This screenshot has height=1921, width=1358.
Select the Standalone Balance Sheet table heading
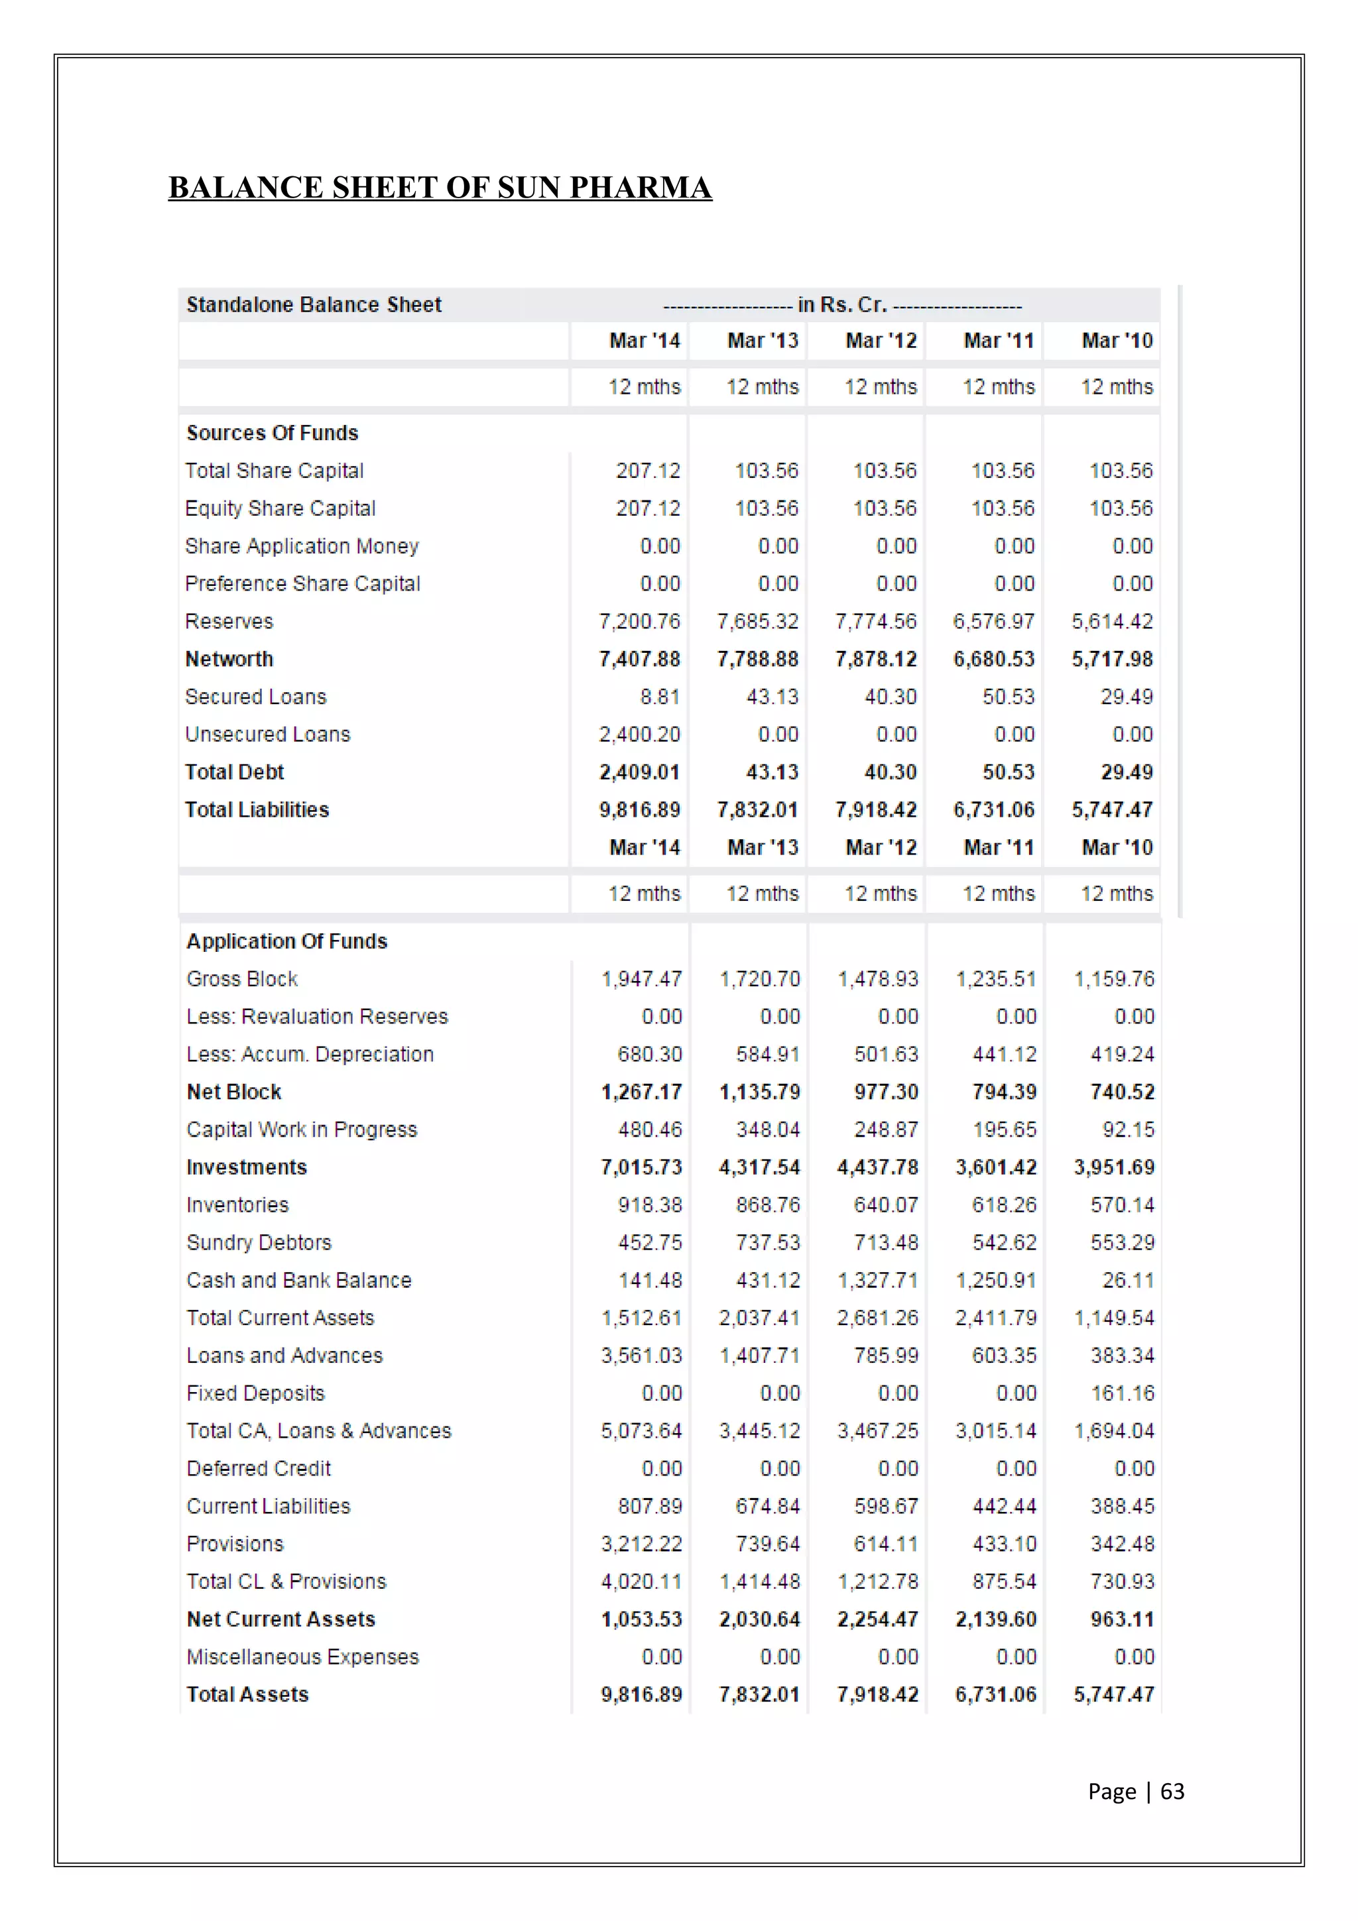point(314,304)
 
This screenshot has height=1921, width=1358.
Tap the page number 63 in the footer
point(1172,1790)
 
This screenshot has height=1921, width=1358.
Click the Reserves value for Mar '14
point(639,622)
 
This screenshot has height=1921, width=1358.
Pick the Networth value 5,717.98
point(1112,660)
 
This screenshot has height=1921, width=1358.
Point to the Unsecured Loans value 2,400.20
point(639,734)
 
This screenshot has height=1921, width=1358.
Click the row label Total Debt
point(234,772)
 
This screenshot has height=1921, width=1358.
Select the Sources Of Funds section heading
point(272,433)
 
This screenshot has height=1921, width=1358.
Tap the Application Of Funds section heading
point(287,941)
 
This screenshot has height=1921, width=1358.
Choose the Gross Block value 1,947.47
point(641,979)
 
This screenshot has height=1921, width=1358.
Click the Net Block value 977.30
point(886,1092)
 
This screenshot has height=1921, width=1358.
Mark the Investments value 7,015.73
point(641,1167)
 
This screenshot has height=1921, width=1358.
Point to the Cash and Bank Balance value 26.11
point(1128,1280)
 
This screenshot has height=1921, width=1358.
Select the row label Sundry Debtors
point(259,1242)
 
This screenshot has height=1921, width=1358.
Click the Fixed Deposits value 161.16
point(1122,1393)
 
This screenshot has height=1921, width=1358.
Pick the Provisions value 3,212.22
point(641,1544)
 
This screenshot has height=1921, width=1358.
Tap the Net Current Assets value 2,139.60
point(996,1619)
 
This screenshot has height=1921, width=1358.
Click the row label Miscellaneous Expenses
point(302,1657)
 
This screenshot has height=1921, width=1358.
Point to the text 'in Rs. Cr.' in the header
point(841,304)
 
